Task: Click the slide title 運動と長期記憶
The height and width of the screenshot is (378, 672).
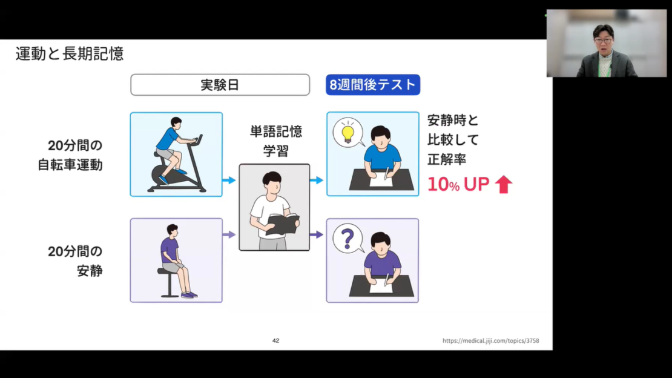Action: click(x=70, y=54)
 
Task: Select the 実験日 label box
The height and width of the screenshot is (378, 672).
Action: click(x=220, y=85)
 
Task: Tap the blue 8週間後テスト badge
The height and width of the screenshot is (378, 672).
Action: click(x=373, y=85)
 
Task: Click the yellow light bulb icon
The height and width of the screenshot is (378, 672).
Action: click(x=348, y=133)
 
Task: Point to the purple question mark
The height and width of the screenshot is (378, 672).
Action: click(x=348, y=239)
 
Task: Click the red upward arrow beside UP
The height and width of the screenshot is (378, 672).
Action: click(x=504, y=185)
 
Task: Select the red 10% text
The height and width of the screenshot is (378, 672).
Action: click(x=443, y=185)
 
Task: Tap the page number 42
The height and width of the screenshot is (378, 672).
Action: click(x=275, y=340)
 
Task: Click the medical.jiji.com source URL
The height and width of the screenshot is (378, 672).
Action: click(x=491, y=340)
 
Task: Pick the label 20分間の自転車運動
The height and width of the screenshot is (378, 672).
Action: click(x=70, y=155)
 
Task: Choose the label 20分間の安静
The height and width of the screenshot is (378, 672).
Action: click(x=75, y=261)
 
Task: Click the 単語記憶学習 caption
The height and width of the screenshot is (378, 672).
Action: click(x=276, y=141)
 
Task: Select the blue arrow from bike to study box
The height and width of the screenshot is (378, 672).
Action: click(x=229, y=180)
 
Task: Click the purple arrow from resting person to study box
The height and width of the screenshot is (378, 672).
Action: click(x=229, y=234)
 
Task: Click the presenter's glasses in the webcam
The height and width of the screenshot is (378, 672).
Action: click(x=603, y=41)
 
